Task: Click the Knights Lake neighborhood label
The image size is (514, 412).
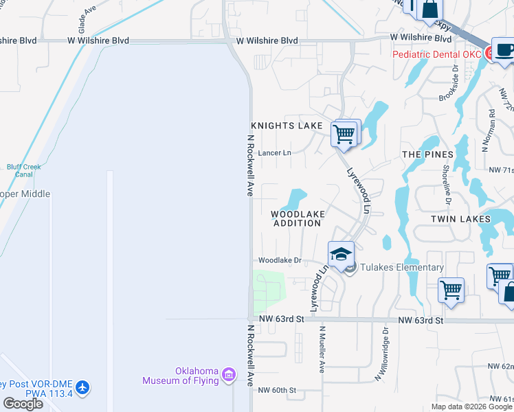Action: tap(286, 126)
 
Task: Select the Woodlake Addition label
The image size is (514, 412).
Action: tap(298, 218)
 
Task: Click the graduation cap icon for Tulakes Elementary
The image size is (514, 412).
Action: tap(341, 254)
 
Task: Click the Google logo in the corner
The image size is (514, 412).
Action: tap(23, 404)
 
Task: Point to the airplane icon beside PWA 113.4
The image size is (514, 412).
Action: tap(83, 388)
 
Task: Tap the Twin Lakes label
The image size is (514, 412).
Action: tap(460, 219)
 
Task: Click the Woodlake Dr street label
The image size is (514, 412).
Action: tap(280, 260)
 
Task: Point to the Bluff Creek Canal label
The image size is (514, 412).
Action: tap(25, 170)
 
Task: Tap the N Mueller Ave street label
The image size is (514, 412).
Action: tap(321, 349)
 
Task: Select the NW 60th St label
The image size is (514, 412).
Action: tap(276, 390)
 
